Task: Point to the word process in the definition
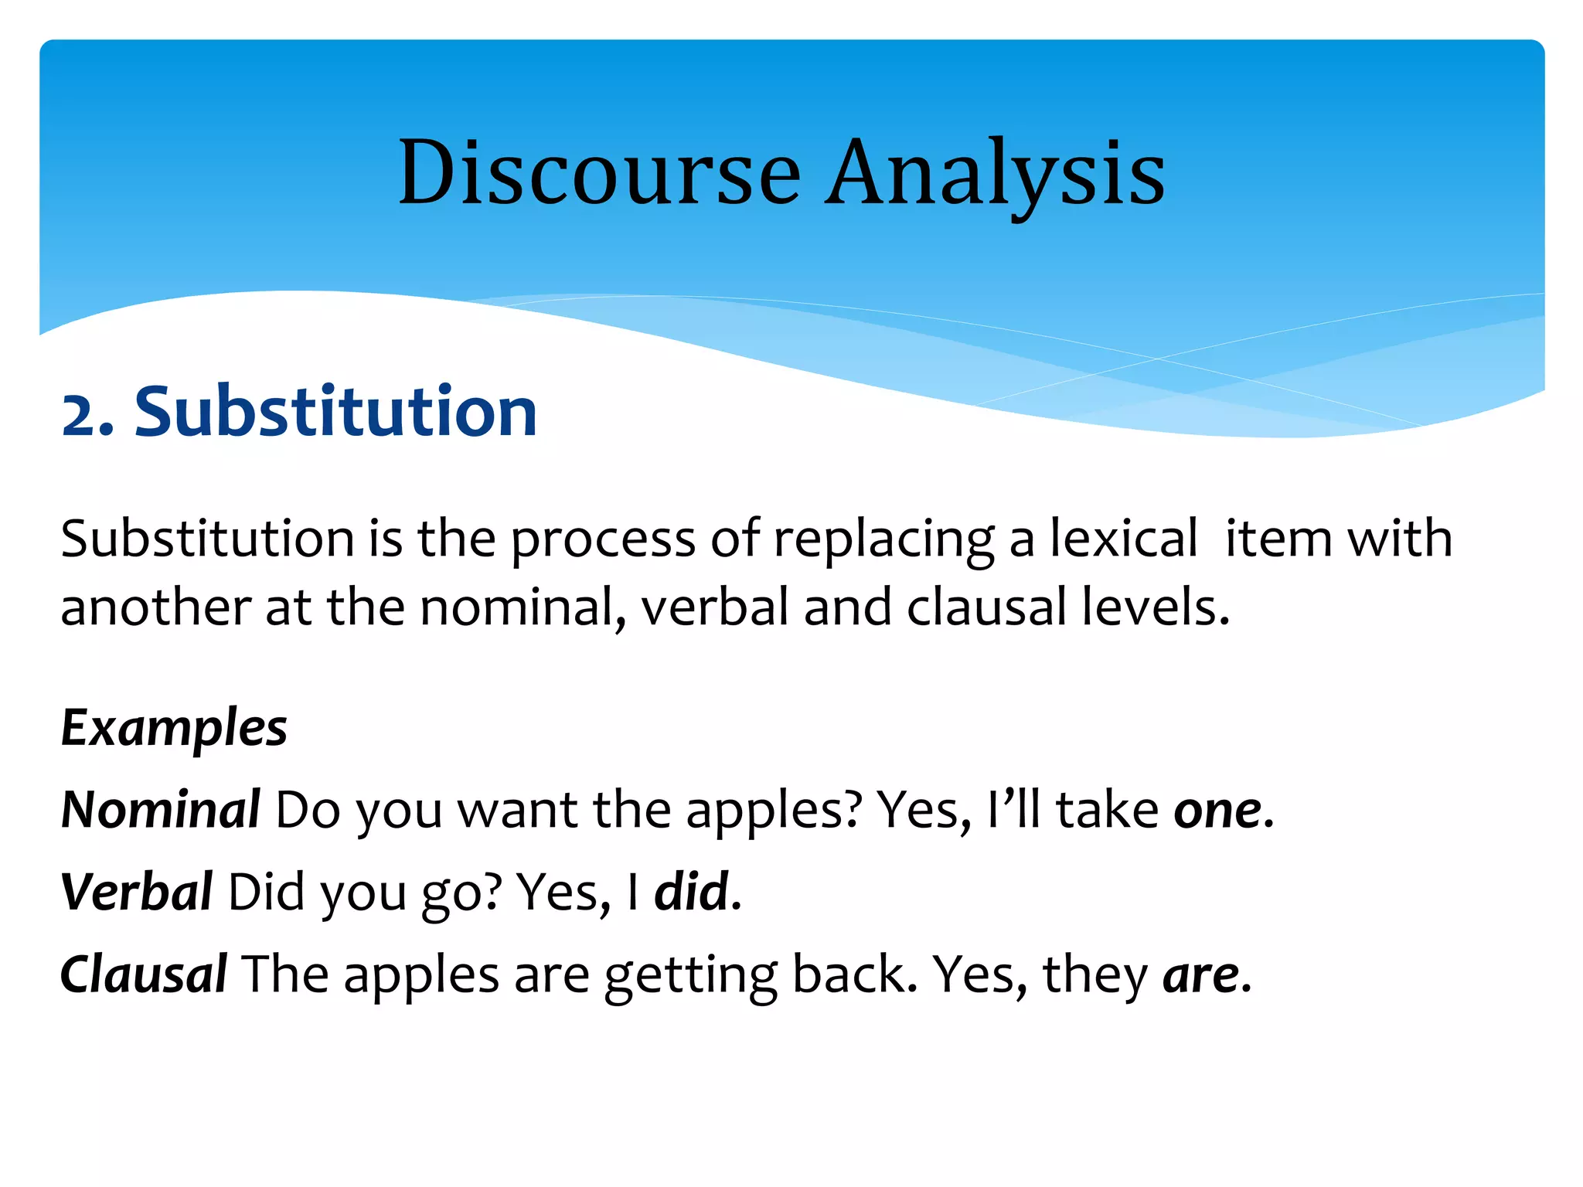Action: coord(603,539)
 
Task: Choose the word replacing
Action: coord(883,539)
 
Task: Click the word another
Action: coord(155,607)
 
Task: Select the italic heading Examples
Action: coord(174,729)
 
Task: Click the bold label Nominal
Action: coord(161,810)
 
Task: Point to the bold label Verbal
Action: coord(137,892)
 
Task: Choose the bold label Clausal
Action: coord(144,974)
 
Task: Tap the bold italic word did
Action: coord(692,892)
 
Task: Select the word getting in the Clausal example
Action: coord(690,975)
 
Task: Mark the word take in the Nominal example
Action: coord(1108,810)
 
